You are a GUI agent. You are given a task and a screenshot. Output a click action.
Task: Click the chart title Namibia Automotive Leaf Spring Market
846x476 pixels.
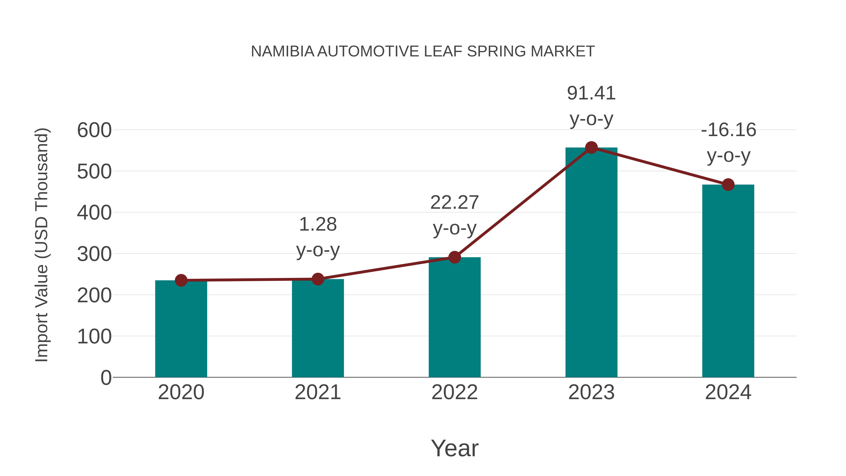click(423, 51)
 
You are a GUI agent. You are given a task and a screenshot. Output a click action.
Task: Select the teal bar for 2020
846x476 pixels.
click(181, 329)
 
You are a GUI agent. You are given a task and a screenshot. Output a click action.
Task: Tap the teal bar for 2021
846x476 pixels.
click(317, 329)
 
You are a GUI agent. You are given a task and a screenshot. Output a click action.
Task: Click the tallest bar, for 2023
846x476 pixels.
click(591, 263)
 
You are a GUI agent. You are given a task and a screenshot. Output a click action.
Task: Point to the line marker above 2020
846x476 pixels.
click(181, 280)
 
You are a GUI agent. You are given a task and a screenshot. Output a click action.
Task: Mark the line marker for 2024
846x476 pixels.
click(728, 185)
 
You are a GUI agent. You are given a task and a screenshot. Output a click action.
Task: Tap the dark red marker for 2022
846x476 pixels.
click(454, 257)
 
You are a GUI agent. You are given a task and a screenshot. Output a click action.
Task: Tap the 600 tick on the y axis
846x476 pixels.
click(94, 130)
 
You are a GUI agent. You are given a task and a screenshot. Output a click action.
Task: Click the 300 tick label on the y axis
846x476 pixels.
click(94, 254)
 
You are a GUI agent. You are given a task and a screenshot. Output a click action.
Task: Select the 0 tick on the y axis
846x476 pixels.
click(106, 378)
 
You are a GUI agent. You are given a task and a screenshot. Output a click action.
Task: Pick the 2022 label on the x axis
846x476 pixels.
click(454, 392)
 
